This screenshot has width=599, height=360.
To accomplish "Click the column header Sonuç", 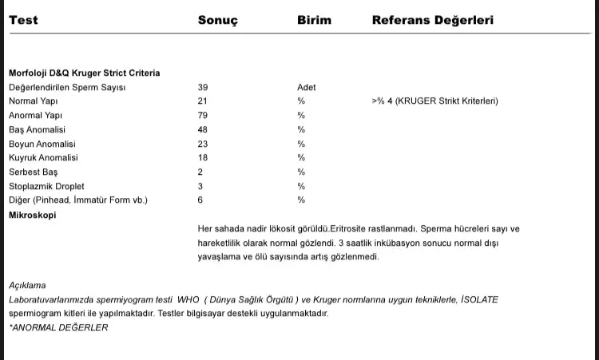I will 217,20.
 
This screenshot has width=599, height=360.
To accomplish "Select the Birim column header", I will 314,20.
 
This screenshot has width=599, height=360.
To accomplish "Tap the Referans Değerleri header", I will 432,20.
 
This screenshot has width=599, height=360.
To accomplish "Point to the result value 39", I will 203,87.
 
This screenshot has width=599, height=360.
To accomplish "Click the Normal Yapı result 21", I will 202,101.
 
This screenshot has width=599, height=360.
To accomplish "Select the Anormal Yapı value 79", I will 203,116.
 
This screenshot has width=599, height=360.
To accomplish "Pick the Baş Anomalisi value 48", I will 203,129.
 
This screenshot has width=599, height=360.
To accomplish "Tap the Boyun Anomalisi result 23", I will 203,144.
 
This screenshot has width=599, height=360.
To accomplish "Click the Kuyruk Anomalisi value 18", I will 203,158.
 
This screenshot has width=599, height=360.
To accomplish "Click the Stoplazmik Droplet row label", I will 44,186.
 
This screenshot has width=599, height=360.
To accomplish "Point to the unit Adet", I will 307,87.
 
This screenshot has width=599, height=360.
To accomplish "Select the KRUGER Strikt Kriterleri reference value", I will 434,101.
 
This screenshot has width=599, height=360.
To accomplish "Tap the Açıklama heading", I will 27,285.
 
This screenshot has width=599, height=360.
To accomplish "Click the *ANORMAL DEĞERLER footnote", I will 58,327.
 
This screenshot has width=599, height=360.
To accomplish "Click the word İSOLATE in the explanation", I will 478,299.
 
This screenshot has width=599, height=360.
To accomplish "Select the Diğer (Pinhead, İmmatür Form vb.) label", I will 77,200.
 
